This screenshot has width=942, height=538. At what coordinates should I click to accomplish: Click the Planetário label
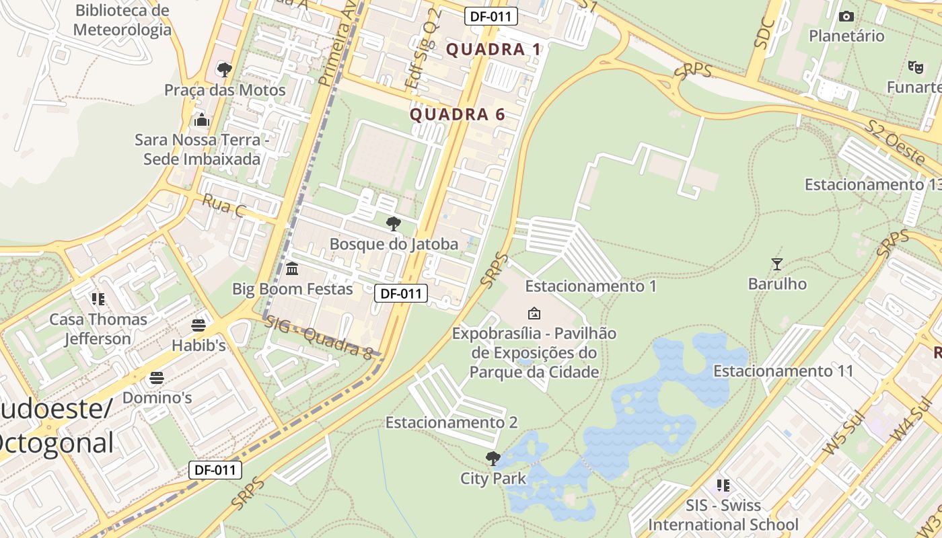[846, 36]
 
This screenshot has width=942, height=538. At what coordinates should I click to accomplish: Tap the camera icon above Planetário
[846, 16]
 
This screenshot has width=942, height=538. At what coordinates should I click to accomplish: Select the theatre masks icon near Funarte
[915, 67]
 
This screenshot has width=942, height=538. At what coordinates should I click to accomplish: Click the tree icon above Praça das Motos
[225, 69]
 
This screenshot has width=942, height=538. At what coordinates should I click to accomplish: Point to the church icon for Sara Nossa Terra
[201, 120]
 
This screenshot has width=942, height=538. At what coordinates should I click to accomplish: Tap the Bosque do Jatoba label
[394, 244]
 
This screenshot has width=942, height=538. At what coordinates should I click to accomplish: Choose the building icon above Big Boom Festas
[292, 269]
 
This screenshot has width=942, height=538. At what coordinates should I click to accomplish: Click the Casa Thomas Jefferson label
[98, 329]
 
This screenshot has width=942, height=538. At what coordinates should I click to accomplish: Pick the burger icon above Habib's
[198, 325]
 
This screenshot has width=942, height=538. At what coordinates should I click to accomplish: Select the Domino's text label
[157, 397]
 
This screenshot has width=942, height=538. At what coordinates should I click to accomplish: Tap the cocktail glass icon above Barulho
[777, 264]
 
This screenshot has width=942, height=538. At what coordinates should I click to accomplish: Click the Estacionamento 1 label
[591, 286]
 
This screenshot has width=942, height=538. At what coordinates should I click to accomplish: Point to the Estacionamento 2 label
[451, 422]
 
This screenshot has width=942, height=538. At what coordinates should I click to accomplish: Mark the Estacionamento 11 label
[783, 371]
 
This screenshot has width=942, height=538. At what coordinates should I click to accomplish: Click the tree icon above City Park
[493, 459]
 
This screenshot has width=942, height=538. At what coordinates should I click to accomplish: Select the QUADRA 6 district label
[458, 114]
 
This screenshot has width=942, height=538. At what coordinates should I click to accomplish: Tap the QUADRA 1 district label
[493, 49]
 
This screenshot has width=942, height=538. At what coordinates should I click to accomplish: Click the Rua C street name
[223, 206]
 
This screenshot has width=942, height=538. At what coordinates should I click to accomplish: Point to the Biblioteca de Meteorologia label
[122, 20]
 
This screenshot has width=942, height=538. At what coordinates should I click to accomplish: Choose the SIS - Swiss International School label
[723, 514]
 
